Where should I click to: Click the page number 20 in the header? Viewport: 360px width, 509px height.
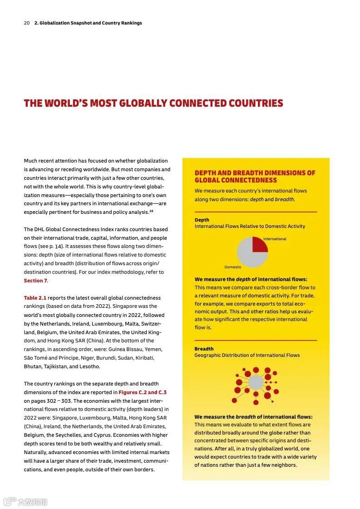coord(27,23)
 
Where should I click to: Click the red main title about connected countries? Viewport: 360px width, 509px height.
coord(153,104)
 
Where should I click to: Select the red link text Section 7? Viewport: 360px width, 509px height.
coord(35,281)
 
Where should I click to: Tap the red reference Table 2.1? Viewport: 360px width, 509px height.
coord(35,298)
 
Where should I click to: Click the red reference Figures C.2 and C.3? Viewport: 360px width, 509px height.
coord(143,392)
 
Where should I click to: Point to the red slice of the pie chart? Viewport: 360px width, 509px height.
coord(259,245)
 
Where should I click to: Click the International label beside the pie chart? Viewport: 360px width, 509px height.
coord(275,239)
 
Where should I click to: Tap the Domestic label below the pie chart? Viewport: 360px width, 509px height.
coord(233,267)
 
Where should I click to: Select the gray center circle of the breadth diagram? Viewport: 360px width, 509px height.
coord(256,382)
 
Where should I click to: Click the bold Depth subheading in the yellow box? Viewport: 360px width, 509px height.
coord(202,220)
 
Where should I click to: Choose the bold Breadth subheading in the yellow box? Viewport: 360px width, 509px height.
coord(204,349)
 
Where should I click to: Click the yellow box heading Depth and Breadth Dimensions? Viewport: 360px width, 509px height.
coord(255,176)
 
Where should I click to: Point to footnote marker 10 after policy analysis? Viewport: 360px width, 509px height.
coord(152,211)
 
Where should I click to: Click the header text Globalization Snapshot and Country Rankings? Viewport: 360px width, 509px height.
coord(88,23)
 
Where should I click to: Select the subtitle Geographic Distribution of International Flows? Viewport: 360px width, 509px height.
coord(247,355)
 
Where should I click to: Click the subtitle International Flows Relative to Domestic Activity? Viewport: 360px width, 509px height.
coord(250,226)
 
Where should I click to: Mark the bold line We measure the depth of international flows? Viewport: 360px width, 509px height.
coord(251,279)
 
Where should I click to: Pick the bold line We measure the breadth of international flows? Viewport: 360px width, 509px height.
coord(253,417)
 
